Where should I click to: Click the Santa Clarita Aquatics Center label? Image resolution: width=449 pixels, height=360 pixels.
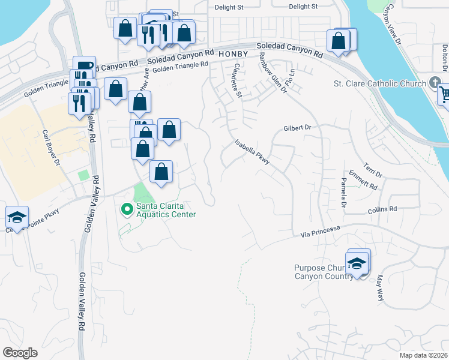coord(166,209)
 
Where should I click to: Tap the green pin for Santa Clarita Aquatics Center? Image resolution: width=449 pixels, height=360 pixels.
coord(127,209)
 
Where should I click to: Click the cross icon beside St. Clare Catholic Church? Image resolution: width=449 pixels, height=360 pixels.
coord(436,83)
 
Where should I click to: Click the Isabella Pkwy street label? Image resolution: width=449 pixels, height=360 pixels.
coord(253,152)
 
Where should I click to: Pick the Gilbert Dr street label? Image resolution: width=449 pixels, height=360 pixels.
coord(298,128)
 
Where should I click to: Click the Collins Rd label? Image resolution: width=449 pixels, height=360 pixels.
coord(382,209)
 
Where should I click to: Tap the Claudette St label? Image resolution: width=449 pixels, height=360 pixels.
coord(236,81)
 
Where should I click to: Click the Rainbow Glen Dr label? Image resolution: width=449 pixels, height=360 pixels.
coord(272,71)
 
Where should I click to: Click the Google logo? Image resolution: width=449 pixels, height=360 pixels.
coord(20,353)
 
